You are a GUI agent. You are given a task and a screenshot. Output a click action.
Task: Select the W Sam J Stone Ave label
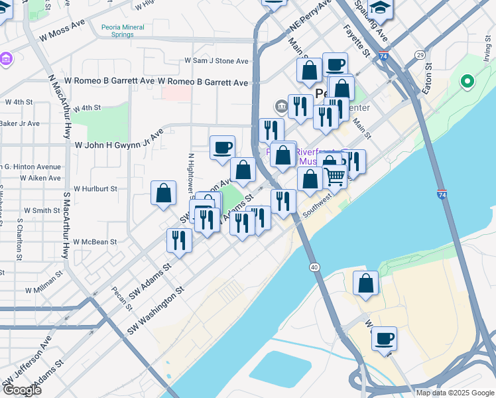216,61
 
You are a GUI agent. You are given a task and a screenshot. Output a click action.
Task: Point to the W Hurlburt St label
95,188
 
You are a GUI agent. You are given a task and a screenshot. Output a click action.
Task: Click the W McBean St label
95,242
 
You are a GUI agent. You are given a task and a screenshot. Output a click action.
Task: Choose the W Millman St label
44,291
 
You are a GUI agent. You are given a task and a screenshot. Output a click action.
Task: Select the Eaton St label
428,78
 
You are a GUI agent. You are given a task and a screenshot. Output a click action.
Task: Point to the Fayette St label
356,40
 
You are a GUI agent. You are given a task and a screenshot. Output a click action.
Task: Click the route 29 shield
420,54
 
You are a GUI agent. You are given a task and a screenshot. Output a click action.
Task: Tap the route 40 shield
314,267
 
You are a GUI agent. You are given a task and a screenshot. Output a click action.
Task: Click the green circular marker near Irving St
467,82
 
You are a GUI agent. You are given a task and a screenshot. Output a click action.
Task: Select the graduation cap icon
380,9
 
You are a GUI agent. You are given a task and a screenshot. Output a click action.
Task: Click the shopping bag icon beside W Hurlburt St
163,193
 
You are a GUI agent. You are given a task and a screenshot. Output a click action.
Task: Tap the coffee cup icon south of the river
384,339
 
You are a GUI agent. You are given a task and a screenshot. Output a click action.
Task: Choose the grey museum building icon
280,105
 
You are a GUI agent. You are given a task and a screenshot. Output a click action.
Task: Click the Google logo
21,390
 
